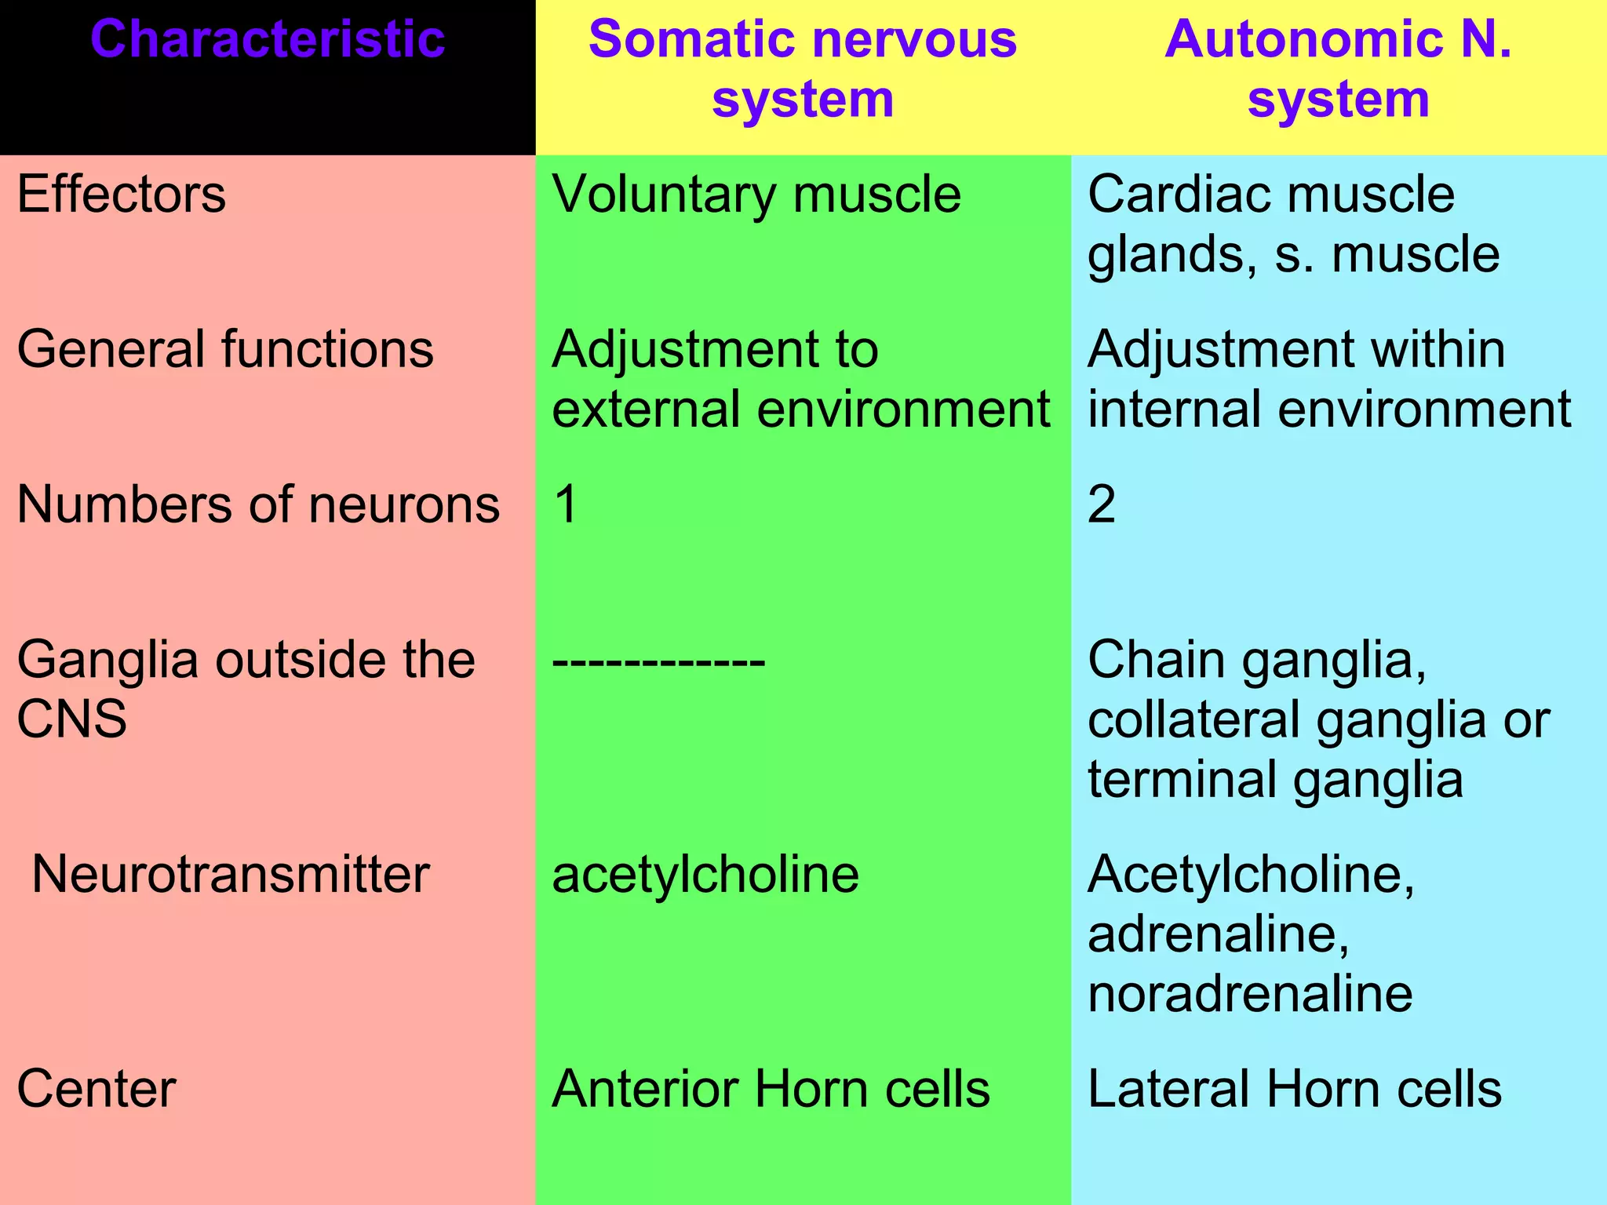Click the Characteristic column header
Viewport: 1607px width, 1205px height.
(268, 39)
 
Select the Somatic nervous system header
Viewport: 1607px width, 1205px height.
(802, 69)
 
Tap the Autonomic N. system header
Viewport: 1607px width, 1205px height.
(1338, 69)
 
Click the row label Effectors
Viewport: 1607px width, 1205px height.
(122, 194)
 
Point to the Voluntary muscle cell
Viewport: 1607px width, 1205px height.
(756, 194)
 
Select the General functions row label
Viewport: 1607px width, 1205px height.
(225, 349)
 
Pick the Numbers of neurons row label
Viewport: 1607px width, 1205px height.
(258, 504)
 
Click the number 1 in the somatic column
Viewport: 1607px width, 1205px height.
(566, 504)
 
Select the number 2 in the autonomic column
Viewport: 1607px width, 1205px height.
(1102, 504)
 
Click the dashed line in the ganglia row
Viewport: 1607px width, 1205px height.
(658, 661)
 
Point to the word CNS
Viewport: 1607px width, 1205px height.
(71, 719)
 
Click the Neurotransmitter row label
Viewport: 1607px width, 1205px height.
(231, 874)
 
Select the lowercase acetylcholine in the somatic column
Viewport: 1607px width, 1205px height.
(705, 874)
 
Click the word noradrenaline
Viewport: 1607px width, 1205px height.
(1250, 993)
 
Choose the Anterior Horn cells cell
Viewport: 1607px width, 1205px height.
(771, 1089)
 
